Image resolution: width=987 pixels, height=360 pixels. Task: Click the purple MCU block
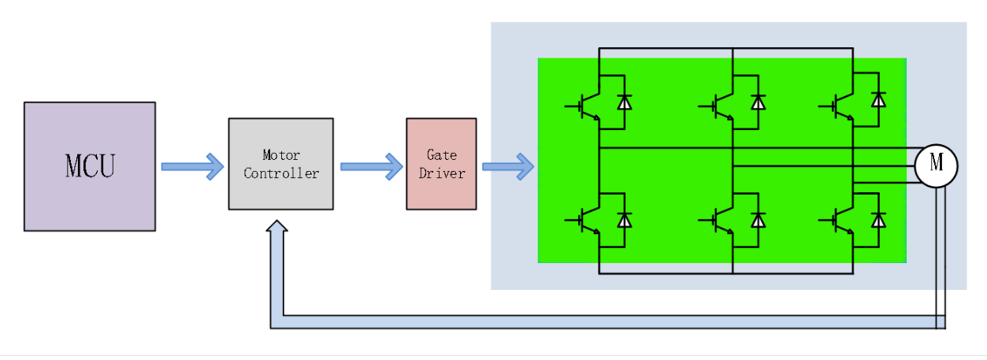tap(89, 166)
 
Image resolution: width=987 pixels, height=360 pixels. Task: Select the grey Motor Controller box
tap(280, 164)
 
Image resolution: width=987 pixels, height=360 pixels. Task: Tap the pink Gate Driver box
tap(441, 164)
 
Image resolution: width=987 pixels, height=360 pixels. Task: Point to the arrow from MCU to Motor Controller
tap(192, 166)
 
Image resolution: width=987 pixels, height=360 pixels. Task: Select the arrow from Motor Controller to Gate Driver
tap(371, 166)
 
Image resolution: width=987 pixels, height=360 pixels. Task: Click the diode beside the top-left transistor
tap(625, 102)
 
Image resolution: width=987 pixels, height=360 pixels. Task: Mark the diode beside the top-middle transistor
tap(759, 102)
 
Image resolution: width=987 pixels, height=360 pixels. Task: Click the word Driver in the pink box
tap(441, 173)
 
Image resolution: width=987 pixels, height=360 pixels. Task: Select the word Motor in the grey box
tap(281, 155)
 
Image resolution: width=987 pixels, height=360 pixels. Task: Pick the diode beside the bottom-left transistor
tap(625, 220)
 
